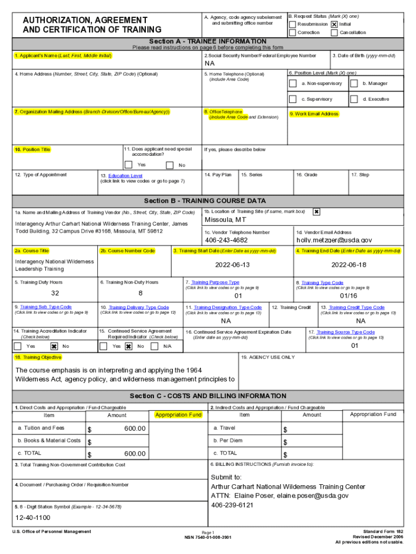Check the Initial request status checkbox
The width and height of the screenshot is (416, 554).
[334, 24]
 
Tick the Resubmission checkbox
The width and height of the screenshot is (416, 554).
[292, 24]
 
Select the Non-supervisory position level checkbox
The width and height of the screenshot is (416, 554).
[292, 84]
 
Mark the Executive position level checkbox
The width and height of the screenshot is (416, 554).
[354, 99]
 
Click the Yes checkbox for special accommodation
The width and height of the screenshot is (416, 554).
[129, 165]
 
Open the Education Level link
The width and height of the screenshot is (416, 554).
[125, 176]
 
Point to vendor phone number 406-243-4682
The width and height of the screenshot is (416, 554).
[226, 240]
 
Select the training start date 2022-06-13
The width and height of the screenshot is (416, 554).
[232, 265]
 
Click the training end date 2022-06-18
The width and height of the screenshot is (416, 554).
[348, 265]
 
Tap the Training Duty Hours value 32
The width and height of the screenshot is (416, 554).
[55, 293]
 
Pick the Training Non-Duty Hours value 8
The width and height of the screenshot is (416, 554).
[140, 293]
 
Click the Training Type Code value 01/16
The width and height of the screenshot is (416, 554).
[348, 296]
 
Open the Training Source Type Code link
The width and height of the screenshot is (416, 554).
[345, 332]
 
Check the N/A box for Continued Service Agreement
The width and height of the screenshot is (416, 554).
[155, 346]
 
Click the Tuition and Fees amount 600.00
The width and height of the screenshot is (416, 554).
[135, 428]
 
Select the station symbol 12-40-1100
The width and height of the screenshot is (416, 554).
[33, 517]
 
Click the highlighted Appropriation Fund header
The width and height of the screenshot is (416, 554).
[178, 415]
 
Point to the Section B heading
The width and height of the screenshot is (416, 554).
[205, 201]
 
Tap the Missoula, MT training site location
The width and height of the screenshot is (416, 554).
[225, 220]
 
